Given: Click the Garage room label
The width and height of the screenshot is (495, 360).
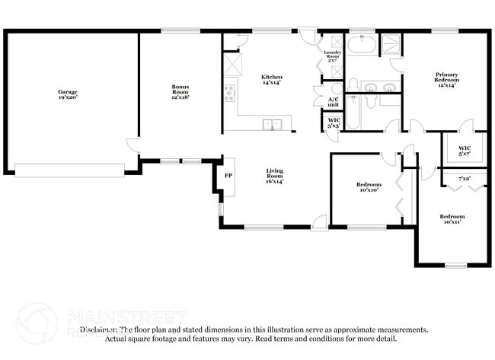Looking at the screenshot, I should pos(69,95).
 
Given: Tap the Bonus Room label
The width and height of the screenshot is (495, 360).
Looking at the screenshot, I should pos(180,91).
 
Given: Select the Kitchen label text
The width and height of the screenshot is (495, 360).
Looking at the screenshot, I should pos(272,80).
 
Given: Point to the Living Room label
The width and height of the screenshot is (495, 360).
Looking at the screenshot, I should pos(275,176).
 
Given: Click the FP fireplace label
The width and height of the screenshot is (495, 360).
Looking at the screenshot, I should pos(228,175).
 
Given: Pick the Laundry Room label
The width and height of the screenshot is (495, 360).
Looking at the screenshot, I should pos(332,55).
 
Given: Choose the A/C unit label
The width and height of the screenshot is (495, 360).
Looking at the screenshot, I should pos(334,102).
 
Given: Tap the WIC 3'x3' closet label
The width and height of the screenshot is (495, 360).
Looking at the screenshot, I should pos(334,123).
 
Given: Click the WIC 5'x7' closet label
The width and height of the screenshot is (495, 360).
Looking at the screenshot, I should pos(464,151).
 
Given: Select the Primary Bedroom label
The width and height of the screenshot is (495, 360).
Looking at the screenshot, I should pos(447,80).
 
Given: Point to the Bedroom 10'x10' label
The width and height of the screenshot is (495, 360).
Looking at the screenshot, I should pos(369,187).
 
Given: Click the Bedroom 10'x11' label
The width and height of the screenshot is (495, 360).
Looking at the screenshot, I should pos(452,219).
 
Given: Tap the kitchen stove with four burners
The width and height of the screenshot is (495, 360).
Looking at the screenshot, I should pos(228,94).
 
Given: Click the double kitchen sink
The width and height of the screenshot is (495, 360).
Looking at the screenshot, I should pos(272,124).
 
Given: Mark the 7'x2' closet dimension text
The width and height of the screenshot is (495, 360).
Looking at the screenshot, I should pos(464,178).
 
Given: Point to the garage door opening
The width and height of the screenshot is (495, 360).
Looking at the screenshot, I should pos(70,170).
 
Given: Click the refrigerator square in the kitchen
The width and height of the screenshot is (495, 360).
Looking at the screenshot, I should pos(231,62).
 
